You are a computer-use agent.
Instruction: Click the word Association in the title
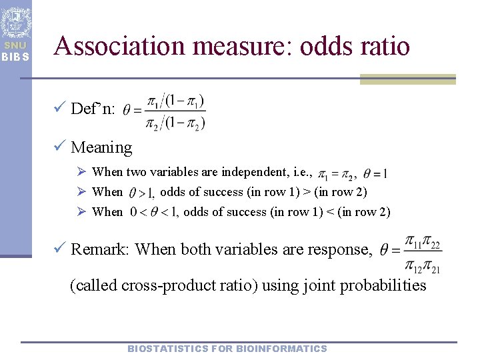(x=117, y=46)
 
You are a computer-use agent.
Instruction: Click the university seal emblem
(x=15, y=22)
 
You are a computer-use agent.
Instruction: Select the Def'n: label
(x=93, y=109)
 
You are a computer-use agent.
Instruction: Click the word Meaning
(x=101, y=147)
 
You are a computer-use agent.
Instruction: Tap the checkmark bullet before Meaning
(x=60, y=147)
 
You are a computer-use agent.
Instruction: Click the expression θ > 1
(x=142, y=193)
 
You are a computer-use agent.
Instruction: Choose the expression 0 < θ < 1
(x=153, y=213)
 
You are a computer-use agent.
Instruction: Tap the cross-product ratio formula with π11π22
(x=411, y=254)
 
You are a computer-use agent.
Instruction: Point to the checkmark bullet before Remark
(x=60, y=249)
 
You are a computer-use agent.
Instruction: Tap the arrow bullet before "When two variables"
(x=81, y=172)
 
